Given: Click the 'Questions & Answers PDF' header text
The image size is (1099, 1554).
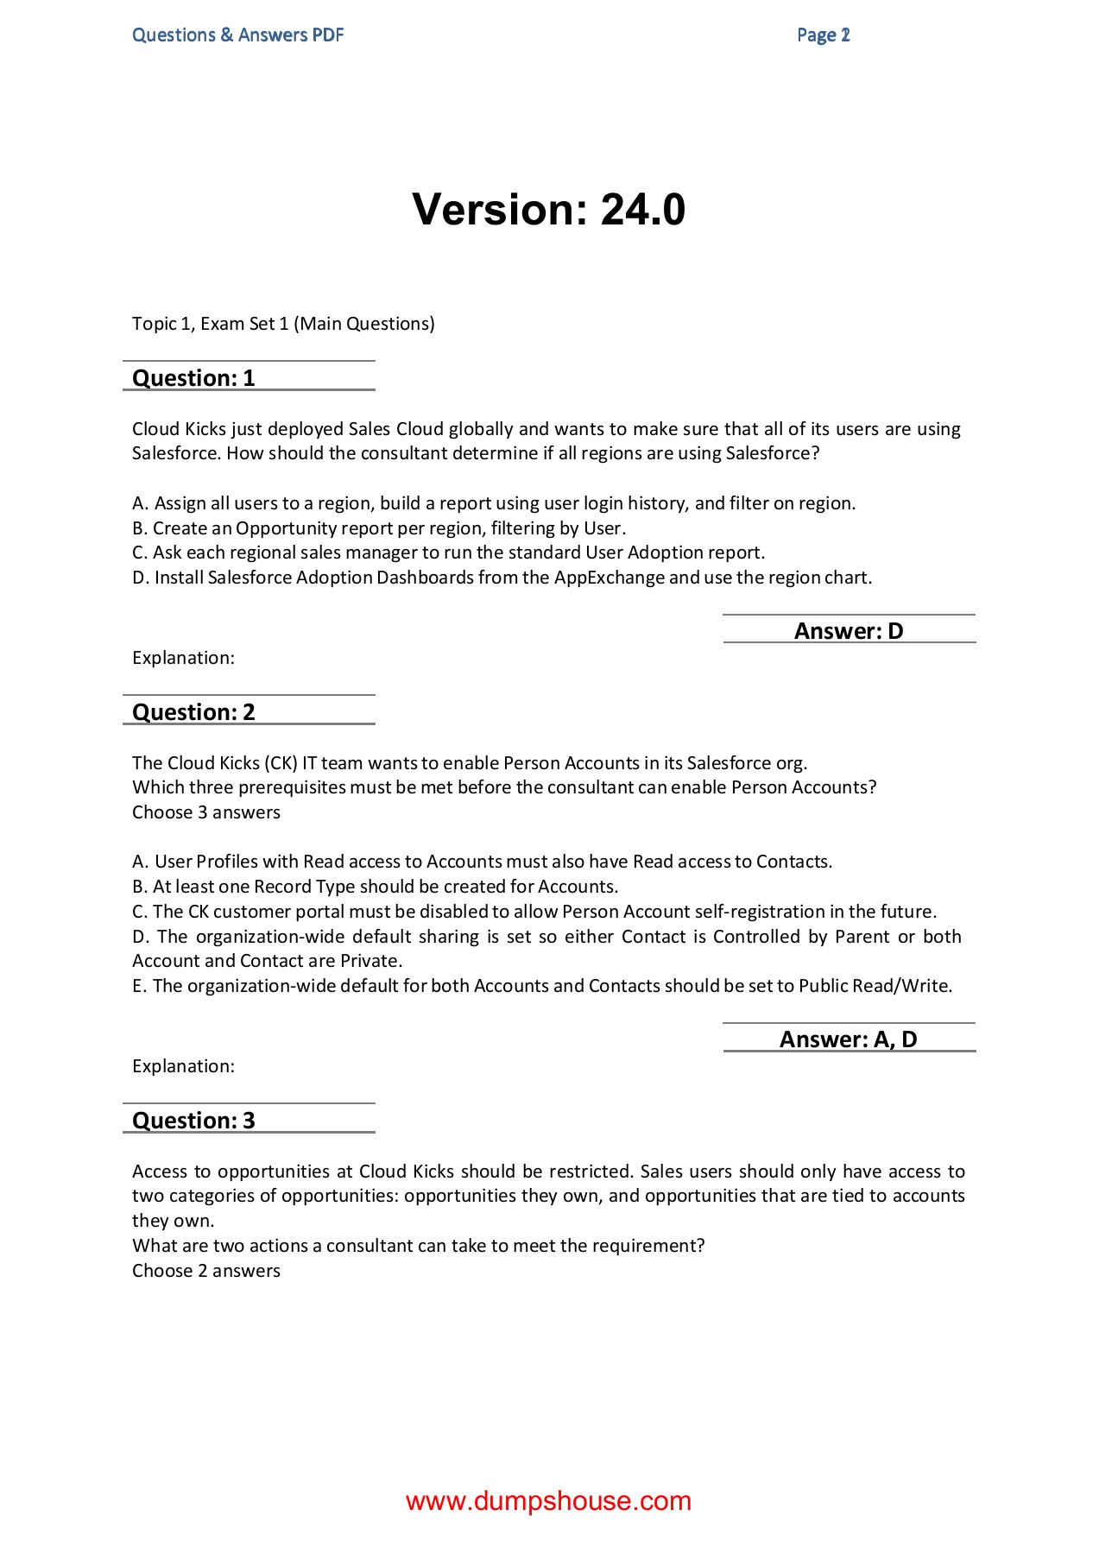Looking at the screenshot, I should [237, 35].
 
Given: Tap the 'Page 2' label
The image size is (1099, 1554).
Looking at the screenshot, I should [823, 35].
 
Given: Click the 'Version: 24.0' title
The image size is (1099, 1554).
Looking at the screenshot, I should [549, 210].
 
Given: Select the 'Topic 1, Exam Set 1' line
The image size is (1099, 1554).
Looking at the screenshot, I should [283, 324].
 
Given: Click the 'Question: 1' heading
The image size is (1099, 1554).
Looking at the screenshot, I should [193, 378].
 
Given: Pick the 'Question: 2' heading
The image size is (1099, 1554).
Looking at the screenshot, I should [193, 712].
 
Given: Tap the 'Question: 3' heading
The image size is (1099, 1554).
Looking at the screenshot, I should [193, 1121].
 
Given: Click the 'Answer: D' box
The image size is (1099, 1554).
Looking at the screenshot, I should [849, 631].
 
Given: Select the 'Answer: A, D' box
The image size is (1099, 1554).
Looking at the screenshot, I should [849, 1039].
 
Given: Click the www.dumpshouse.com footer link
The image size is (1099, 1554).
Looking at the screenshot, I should [549, 1501].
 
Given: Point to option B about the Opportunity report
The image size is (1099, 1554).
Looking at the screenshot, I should [380, 528].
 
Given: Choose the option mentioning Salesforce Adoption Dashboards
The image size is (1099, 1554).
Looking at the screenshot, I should [502, 578].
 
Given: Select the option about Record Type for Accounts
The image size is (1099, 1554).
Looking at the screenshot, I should [376, 887].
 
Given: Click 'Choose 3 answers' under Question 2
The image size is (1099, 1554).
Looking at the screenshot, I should [206, 812].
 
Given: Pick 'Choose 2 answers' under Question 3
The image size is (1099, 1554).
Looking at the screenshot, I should [206, 1271].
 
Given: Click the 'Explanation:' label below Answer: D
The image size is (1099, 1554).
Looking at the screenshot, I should [183, 658].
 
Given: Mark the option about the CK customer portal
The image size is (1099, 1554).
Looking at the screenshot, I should [534, 912].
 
